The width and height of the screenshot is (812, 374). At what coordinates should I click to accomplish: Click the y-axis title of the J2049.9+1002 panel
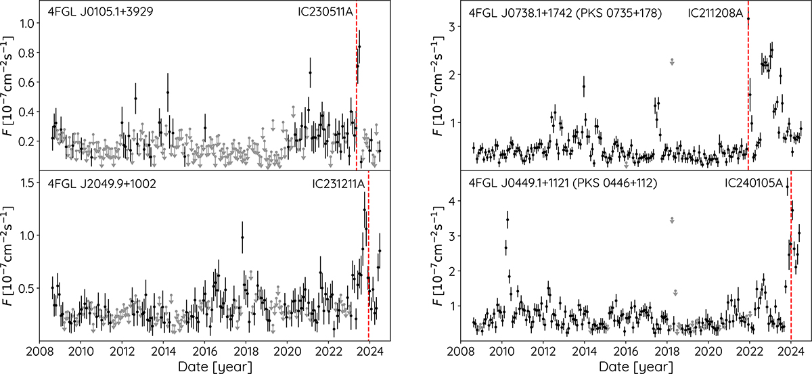[x=11, y=254]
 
